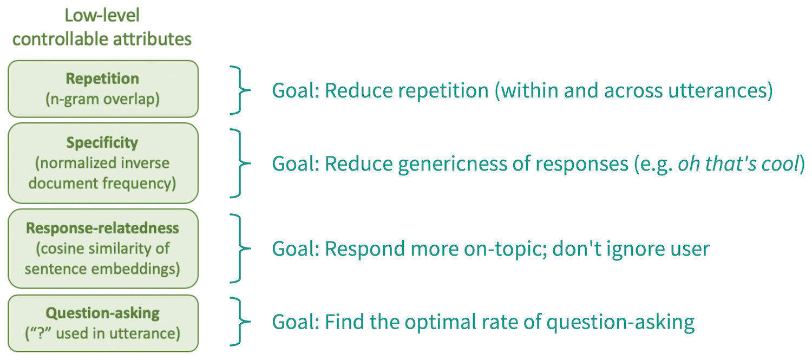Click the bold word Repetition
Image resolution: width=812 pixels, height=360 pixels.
click(x=103, y=78)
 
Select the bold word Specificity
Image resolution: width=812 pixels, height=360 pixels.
click(x=102, y=143)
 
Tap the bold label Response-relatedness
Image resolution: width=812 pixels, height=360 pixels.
click(x=103, y=228)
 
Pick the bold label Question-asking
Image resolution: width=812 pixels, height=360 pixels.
click(x=103, y=313)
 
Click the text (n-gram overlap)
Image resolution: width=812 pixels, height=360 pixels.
click(x=103, y=99)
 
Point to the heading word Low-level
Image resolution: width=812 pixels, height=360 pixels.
click(x=102, y=15)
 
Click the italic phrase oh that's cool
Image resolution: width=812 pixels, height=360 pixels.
click(x=738, y=163)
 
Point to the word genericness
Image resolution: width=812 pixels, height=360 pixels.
click(x=452, y=164)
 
